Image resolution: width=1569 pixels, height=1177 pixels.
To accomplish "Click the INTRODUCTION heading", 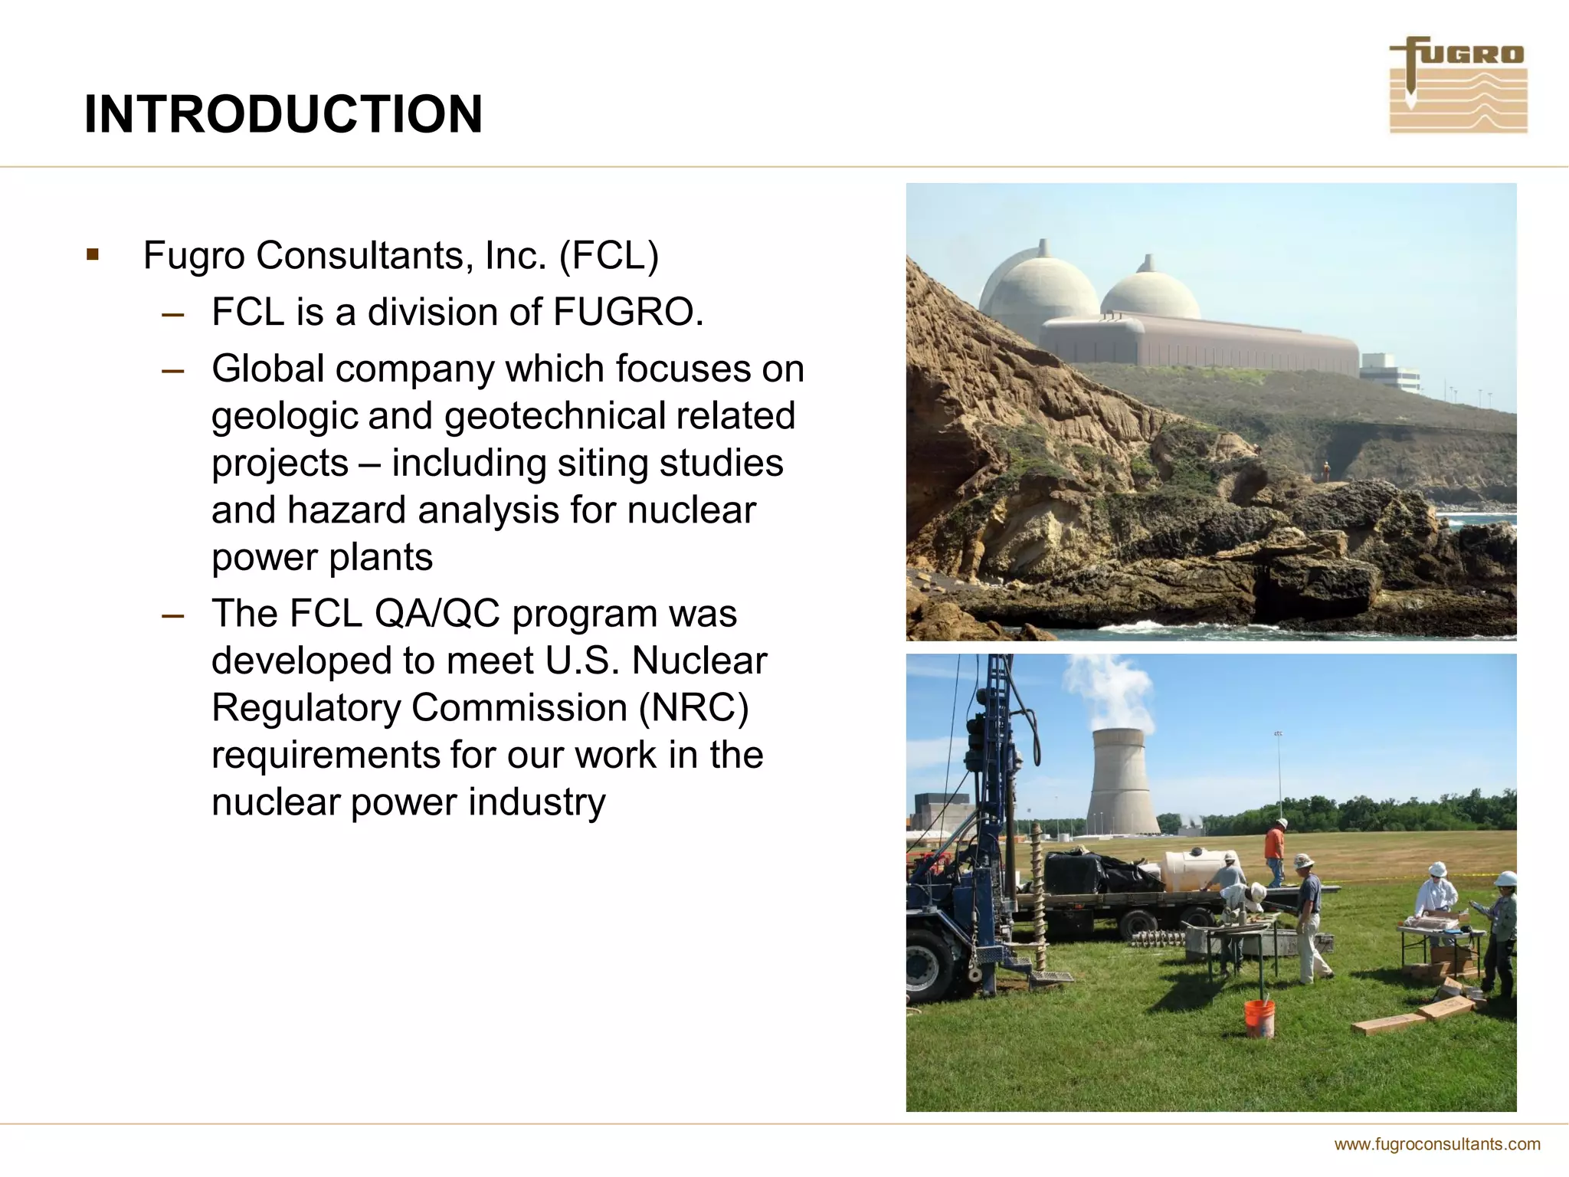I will coord(283,115).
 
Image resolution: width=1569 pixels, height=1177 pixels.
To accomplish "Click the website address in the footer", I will coord(1436,1144).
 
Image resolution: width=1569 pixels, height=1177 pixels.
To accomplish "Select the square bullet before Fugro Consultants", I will coord(93,254).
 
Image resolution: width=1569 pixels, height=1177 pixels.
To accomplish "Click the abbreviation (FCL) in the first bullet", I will coord(609,256).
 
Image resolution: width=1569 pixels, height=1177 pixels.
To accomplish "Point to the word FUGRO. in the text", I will coord(627,312).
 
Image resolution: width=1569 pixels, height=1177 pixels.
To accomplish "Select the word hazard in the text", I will coord(346,510).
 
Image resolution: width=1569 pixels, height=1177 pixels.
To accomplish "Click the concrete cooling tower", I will coord(1120,781).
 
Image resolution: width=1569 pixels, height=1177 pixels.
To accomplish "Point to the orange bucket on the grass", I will coord(1259,1018).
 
